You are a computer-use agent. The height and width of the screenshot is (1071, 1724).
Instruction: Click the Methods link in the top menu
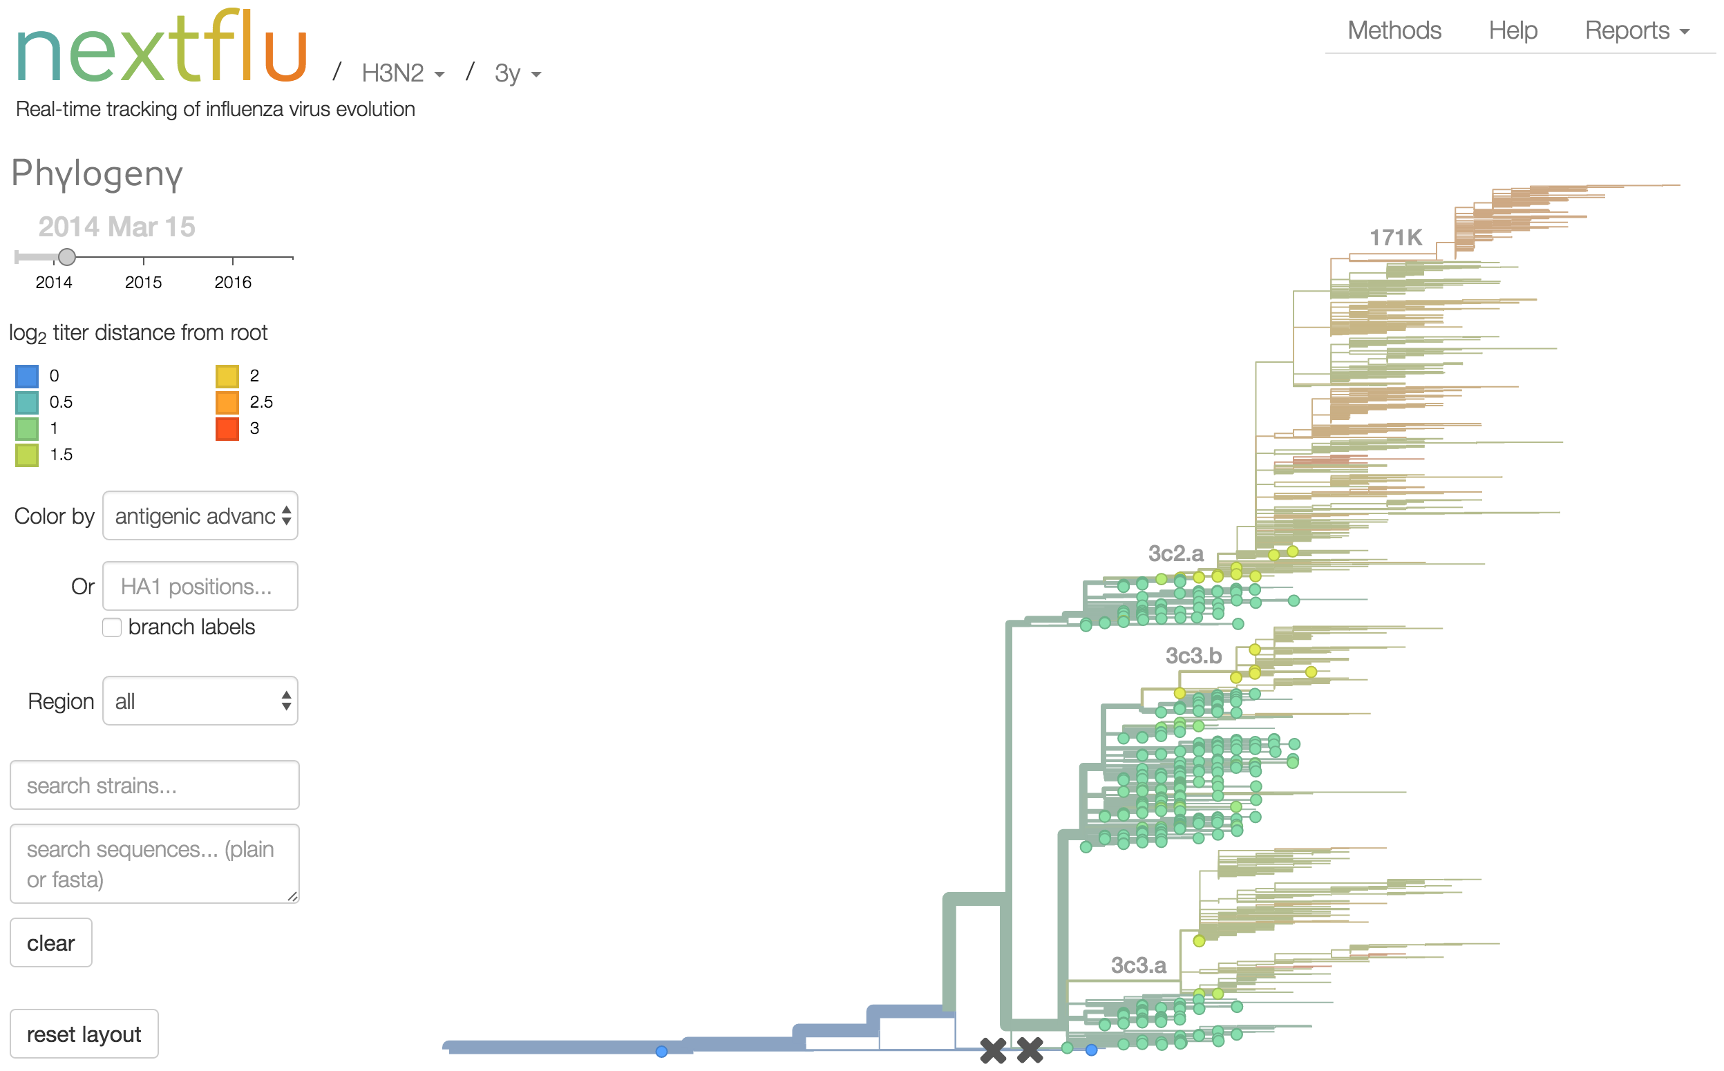click(x=1393, y=30)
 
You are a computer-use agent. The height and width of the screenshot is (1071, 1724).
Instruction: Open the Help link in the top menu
click(x=1513, y=30)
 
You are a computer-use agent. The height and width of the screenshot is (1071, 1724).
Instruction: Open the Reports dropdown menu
click(x=1636, y=30)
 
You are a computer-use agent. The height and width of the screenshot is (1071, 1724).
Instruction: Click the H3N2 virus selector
click(x=402, y=73)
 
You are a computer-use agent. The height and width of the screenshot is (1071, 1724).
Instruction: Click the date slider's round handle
click(x=66, y=256)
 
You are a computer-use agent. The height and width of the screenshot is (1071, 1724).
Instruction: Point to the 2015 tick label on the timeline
click(x=143, y=283)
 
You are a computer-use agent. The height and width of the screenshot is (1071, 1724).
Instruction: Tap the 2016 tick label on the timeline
click(x=232, y=283)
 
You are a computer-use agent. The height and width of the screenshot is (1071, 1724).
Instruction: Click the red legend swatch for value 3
click(x=227, y=428)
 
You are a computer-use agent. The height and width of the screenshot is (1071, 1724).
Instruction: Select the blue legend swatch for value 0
click(x=27, y=376)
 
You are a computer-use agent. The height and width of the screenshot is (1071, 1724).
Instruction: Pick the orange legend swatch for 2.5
click(x=227, y=402)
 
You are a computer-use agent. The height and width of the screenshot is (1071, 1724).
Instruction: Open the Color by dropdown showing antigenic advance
click(x=200, y=515)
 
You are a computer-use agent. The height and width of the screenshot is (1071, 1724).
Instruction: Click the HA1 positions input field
click(x=200, y=587)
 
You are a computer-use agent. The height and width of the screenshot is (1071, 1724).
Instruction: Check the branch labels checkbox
click(x=112, y=627)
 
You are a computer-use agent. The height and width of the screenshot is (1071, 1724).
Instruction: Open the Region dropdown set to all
click(x=200, y=701)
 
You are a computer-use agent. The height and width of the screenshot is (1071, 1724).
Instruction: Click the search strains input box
click(x=154, y=786)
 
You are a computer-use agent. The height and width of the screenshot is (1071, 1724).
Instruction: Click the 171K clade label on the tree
click(x=1394, y=238)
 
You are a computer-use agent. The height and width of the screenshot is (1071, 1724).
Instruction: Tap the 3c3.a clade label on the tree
click(x=1137, y=965)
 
